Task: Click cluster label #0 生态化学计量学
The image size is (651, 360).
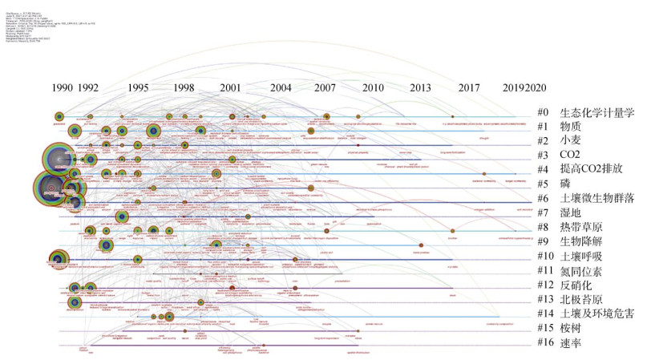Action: (585, 112)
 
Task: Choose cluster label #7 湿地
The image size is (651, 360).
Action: (568, 212)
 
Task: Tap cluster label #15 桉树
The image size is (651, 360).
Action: (568, 328)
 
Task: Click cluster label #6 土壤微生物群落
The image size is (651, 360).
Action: (591, 198)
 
